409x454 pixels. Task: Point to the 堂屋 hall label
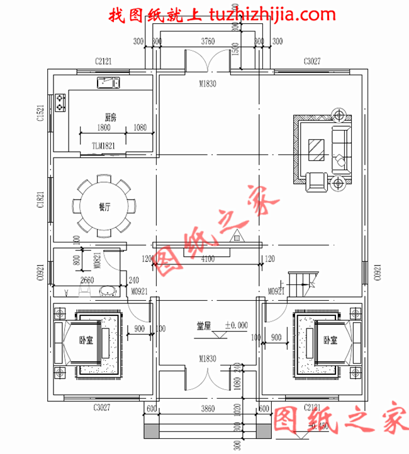203,326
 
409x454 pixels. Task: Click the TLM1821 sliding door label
104,146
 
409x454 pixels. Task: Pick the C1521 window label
40,113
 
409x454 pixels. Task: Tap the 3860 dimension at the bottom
207,409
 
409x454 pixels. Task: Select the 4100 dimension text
207,259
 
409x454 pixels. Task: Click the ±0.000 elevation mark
236,326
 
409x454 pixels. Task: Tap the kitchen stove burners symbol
60,102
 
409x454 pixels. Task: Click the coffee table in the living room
316,151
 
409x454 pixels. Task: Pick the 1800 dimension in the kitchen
104,127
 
